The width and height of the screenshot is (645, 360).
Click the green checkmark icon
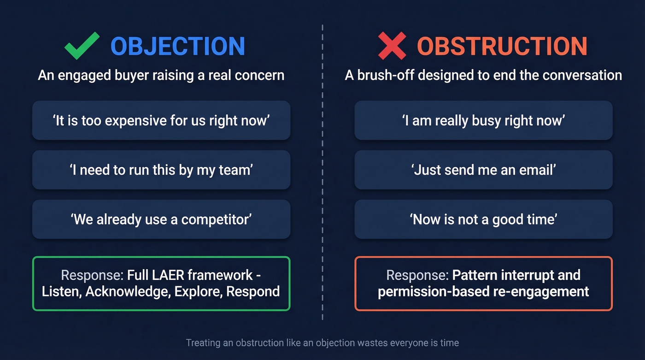82,46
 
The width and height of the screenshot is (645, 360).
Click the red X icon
392,46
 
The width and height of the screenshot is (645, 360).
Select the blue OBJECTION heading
178,46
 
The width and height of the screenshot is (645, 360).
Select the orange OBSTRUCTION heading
502,46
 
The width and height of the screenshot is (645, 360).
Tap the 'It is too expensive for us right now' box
161,120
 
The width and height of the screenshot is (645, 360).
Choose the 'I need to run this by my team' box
161,170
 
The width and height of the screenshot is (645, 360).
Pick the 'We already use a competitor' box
161,219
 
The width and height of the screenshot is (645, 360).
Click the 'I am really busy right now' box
483,120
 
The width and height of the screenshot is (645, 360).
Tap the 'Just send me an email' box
483,170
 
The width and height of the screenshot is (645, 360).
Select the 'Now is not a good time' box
483,219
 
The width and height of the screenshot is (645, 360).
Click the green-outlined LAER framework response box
161,283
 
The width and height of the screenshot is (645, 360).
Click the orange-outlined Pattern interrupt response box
483,283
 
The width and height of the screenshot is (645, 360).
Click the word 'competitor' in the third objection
216,219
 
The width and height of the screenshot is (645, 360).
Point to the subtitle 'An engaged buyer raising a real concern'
161,75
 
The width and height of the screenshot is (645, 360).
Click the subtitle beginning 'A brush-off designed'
483,75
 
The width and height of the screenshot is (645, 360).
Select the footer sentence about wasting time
322,343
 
